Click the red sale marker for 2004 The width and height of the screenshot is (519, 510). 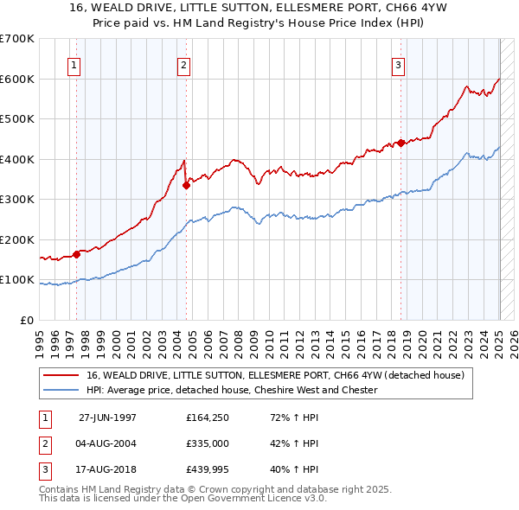coord(186,183)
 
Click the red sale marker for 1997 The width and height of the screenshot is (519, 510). coord(77,254)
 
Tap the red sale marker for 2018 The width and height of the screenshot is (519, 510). coord(401,143)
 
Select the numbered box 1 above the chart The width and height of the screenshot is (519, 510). coord(74,63)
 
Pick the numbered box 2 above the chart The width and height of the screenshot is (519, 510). coord(184,63)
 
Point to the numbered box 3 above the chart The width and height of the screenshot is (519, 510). coord(399,63)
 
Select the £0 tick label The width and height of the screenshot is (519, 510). coord(28,320)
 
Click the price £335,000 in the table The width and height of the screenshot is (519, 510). coord(208,443)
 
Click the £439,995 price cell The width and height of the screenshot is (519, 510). coord(208,471)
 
